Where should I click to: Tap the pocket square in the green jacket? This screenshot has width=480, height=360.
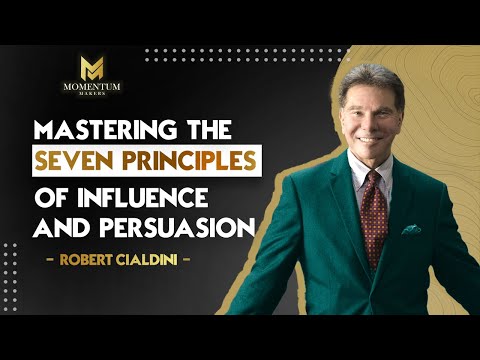[412, 229]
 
